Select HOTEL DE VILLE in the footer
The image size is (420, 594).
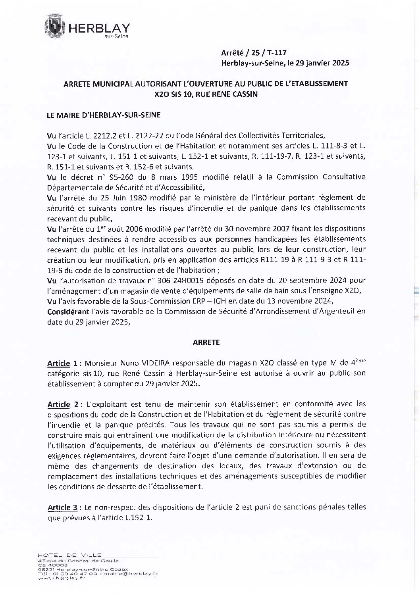(69, 555)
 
